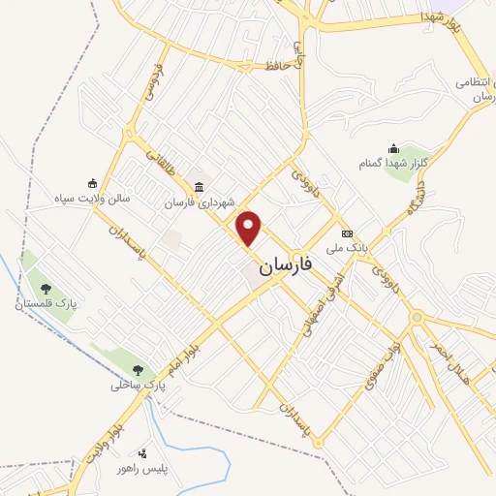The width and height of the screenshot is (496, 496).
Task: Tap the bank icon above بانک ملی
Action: pos(347,234)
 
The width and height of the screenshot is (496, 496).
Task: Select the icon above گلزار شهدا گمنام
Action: pos(393,148)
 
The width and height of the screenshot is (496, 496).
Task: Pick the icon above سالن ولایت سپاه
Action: pos(92,182)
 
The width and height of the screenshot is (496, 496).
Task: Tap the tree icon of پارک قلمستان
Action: pos(45,288)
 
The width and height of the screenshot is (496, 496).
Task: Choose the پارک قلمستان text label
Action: pos(45,305)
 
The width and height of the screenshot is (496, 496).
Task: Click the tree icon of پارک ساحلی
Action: pos(139,370)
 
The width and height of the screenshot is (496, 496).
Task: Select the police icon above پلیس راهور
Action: pos(144,453)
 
